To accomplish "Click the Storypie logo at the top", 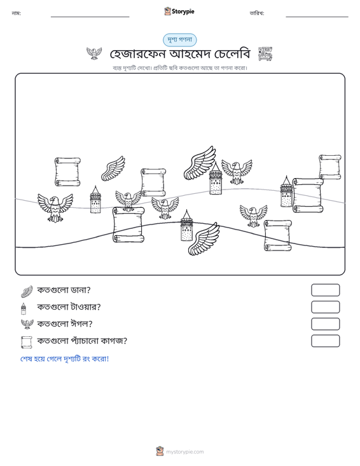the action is tap(179, 11).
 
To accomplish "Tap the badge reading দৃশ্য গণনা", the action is tap(180, 40).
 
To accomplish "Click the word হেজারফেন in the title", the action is tap(137, 54).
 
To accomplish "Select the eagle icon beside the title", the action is tap(94, 53).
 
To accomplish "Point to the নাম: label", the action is tap(16, 13).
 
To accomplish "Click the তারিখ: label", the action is tap(257, 13).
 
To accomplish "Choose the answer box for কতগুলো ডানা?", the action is tap(325, 290).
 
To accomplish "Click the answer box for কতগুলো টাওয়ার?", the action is tap(325, 307).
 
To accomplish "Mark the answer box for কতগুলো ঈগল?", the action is tap(325, 324).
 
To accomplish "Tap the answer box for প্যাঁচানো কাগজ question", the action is tap(325, 341).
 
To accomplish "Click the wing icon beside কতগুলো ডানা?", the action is tap(27, 291).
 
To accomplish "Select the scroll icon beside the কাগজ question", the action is tap(27, 342).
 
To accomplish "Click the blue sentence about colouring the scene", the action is tap(64, 359).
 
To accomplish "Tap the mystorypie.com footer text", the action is tap(184, 452).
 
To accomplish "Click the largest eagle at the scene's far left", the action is tap(55, 208).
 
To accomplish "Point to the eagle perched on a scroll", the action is tap(128, 200).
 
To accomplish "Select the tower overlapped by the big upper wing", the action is tap(216, 179).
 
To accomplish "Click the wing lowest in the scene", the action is tap(204, 239).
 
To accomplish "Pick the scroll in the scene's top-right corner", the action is tap(329, 167).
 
